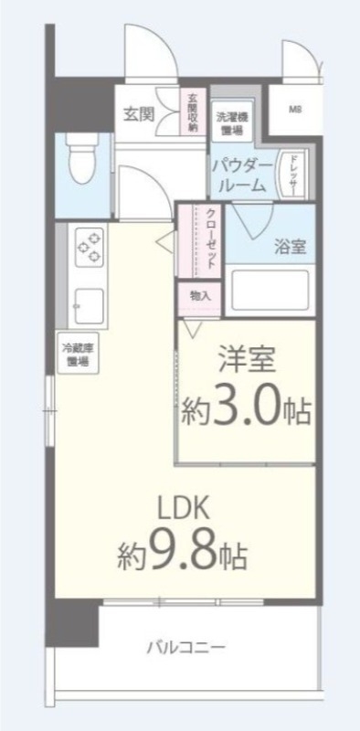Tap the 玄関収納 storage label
point(193,112)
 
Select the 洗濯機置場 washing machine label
point(230,122)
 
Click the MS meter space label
point(295,111)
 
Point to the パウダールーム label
point(240,175)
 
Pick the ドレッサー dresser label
point(293,173)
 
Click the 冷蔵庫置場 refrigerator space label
point(76,355)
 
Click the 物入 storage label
point(200,296)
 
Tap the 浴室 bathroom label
point(291,246)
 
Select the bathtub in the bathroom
point(270,291)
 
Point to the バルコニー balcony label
point(186,648)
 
